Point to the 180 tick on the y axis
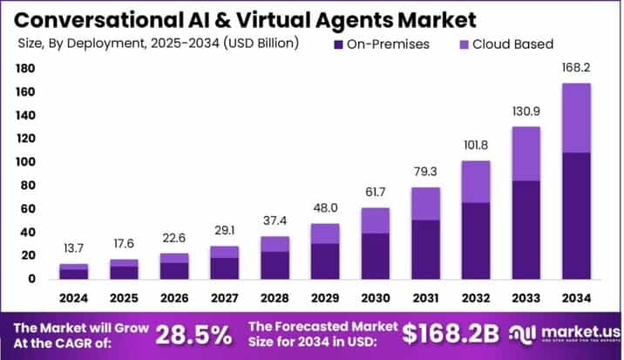pyautogui.click(x=24, y=68)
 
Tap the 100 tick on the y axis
pyautogui.click(x=24, y=162)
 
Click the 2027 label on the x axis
pyautogui.click(x=224, y=297)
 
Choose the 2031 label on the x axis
pyautogui.click(x=425, y=297)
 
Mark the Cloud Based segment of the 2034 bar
pyautogui.click(x=576, y=118)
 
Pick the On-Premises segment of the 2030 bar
pyautogui.click(x=375, y=255)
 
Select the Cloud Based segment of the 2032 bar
pyautogui.click(x=476, y=181)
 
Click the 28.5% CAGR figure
pyautogui.click(x=194, y=333)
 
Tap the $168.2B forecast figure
pyautogui.click(x=451, y=333)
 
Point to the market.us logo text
pyautogui.click(x=580, y=331)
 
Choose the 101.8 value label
pyautogui.click(x=476, y=147)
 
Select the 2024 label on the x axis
pyautogui.click(x=73, y=297)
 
